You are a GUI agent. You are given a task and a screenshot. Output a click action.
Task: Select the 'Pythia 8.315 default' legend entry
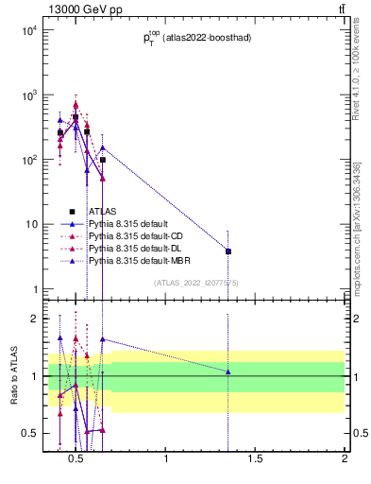tap(126, 224)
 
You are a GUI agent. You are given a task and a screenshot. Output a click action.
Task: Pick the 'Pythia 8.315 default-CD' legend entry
tap(134, 236)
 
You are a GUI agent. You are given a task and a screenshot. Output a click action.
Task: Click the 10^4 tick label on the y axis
tap(28, 31)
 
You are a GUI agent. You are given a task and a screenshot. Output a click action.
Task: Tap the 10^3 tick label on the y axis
tap(28, 95)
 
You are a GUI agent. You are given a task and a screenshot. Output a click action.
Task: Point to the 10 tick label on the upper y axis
tap(30, 224)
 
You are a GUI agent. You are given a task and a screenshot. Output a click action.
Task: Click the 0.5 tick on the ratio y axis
tap(31, 433)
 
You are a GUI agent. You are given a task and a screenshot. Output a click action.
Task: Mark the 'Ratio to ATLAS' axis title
tap(12, 375)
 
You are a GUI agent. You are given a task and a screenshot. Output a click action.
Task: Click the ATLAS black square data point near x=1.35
tap(228, 251)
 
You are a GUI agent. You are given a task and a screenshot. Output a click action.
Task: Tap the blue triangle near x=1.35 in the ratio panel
tap(228, 372)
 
